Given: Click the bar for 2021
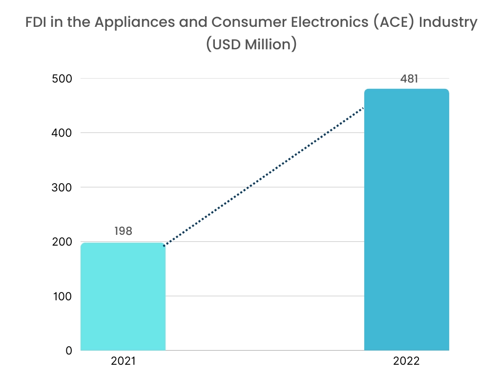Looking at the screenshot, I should tap(123, 296).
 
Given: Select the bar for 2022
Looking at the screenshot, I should tap(406, 220).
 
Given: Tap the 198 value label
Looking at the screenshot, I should tap(123, 231).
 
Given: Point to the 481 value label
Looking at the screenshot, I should tap(409, 78).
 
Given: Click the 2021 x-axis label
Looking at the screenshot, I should tap(123, 362).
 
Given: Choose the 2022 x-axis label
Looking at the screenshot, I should tap(406, 362).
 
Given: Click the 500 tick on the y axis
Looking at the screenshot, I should tap(62, 79).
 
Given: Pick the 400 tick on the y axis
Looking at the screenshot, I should tap(62, 133).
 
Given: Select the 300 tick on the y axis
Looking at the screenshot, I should tap(62, 187).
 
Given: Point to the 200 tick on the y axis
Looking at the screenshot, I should tap(62, 242).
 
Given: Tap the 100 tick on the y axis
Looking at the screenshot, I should tap(62, 296).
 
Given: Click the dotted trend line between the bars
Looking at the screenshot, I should tap(264, 177).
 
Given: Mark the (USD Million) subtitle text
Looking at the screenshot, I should tap(250, 44).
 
